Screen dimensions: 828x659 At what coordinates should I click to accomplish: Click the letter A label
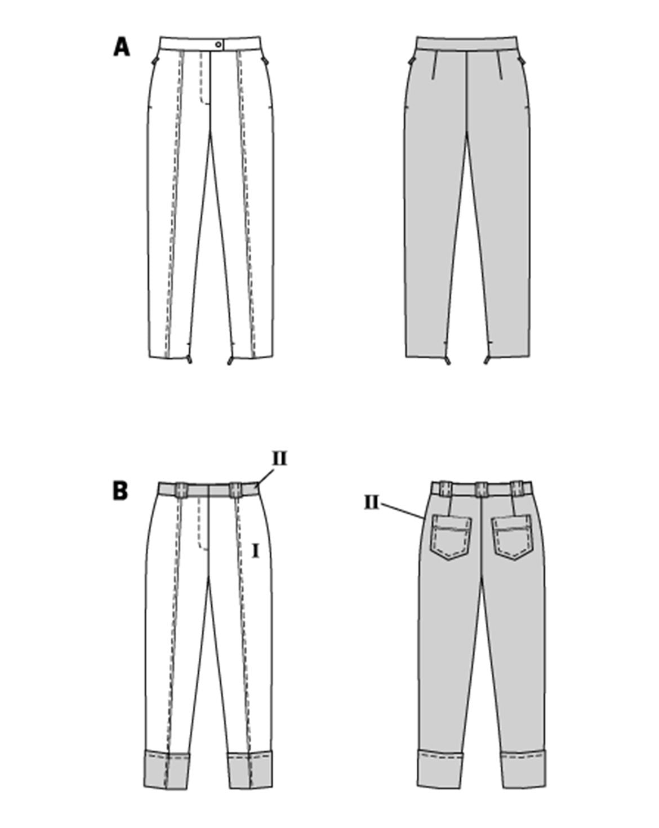pos(122,47)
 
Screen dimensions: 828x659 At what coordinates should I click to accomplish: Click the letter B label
pos(121,491)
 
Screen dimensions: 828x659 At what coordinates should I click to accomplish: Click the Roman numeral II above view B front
pos(279,459)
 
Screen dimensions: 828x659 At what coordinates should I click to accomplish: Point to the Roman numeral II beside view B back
pos(372,502)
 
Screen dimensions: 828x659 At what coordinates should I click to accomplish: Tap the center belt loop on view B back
pos(482,488)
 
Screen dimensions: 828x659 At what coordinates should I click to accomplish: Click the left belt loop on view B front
pos(182,489)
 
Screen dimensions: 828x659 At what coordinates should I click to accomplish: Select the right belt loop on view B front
pos(237,489)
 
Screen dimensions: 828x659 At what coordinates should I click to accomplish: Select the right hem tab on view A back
pos(488,358)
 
